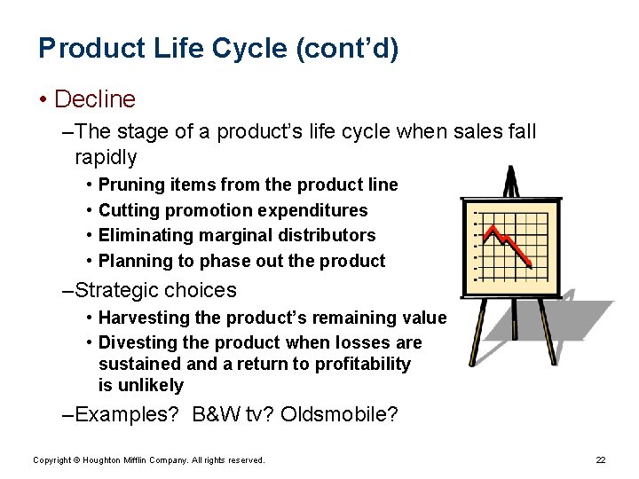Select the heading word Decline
(95, 98)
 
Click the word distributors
(333, 235)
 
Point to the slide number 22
(600, 459)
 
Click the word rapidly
(106, 157)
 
